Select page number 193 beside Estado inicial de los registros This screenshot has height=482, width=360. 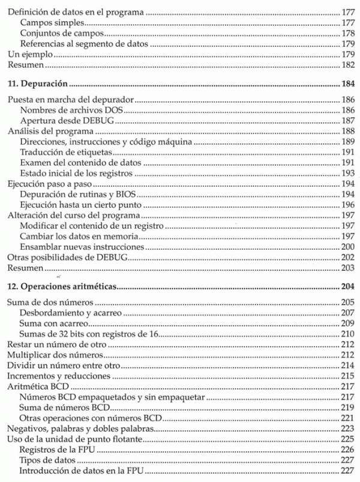[x=347, y=173]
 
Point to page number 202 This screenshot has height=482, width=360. [x=347, y=258]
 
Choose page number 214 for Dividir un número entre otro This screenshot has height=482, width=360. [x=347, y=366]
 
